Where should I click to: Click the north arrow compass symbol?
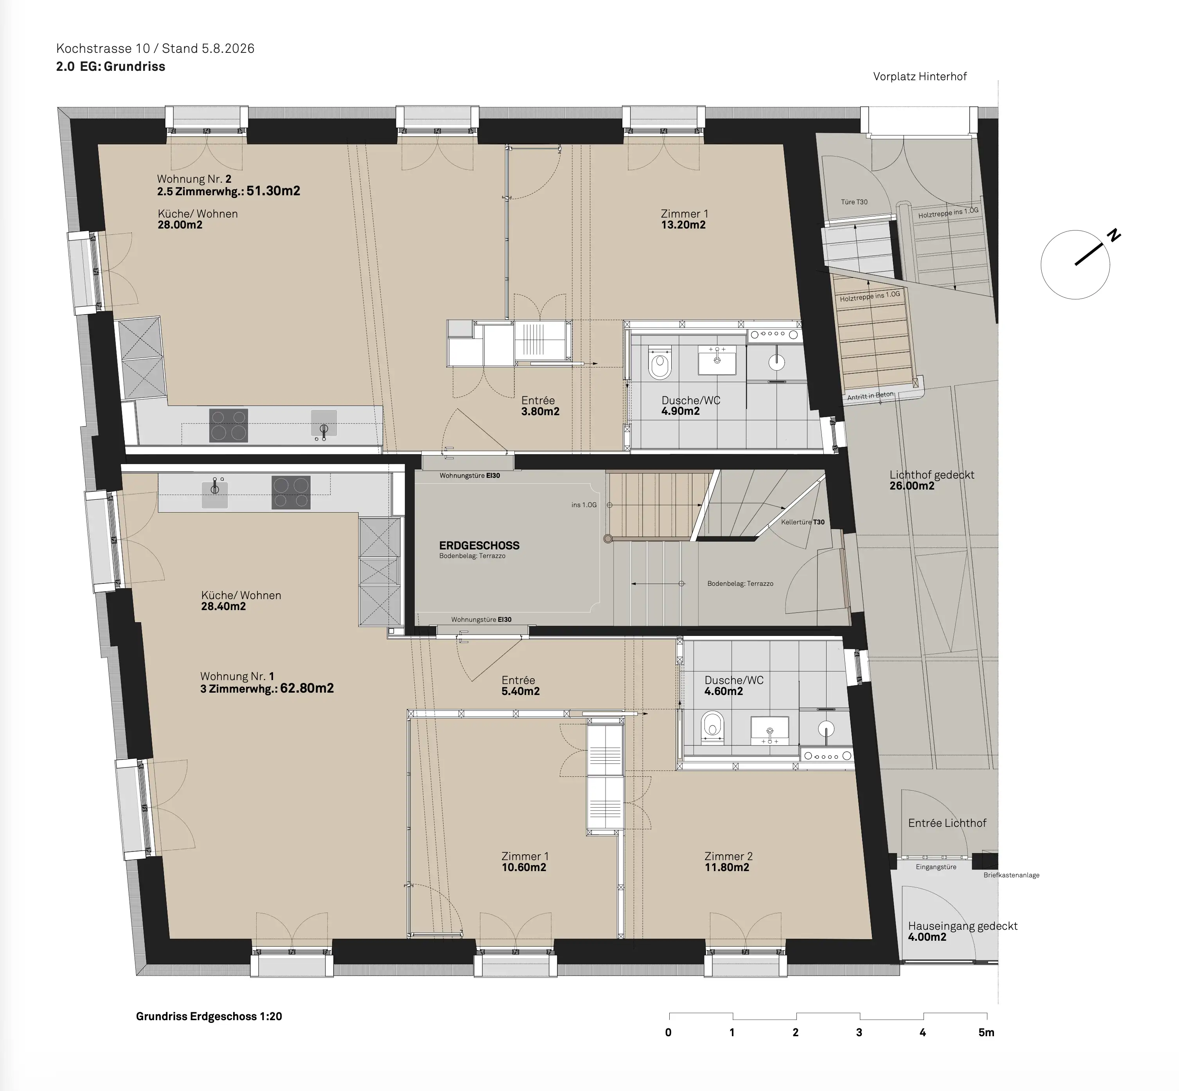click(1075, 265)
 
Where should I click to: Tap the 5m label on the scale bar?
click(986, 1033)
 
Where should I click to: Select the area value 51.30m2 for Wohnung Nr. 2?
click(273, 191)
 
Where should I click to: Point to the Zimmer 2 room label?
click(728, 856)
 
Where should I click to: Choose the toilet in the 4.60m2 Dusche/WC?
click(712, 726)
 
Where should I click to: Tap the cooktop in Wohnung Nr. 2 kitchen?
click(228, 425)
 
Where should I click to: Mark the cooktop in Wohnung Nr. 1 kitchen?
click(290, 492)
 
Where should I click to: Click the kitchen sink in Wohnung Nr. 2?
click(324, 424)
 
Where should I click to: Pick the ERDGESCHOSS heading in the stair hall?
click(479, 545)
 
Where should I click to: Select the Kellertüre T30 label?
click(803, 522)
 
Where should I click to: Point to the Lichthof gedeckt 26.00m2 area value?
click(912, 486)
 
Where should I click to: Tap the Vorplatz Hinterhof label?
click(920, 76)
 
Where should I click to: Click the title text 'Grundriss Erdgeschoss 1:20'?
click(209, 1016)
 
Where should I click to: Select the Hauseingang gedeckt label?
click(962, 926)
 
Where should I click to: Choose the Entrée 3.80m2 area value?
click(540, 412)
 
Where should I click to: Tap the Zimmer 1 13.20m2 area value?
click(683, 225)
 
